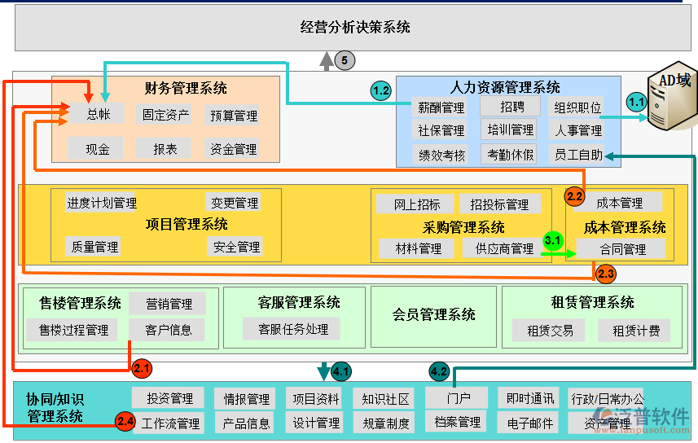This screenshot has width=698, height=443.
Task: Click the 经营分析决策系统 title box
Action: [354, 27]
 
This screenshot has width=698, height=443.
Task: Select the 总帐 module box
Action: [99, 115]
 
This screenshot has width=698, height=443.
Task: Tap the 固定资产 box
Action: [165, 115]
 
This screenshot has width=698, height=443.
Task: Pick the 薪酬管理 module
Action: [441, 107]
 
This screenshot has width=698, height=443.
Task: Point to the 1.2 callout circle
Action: [381, 91]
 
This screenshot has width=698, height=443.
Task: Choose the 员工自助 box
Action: [579, 155]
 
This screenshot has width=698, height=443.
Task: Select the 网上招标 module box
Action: [417, 204]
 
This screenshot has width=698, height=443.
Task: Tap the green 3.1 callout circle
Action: [553, 240]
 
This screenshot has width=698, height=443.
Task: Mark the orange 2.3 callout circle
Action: [606, 274]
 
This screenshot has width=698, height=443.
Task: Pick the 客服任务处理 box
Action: [292, 329]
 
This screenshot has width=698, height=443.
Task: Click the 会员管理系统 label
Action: [433, 314]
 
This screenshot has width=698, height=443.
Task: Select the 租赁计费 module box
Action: [635, 331]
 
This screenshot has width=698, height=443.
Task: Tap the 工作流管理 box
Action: [170, 423]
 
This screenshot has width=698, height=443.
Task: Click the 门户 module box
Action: [457, 398]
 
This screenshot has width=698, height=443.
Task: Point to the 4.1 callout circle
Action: [341, 372]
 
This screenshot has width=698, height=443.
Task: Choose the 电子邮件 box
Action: [529, 423]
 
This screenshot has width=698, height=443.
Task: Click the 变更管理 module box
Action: [235, 203]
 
